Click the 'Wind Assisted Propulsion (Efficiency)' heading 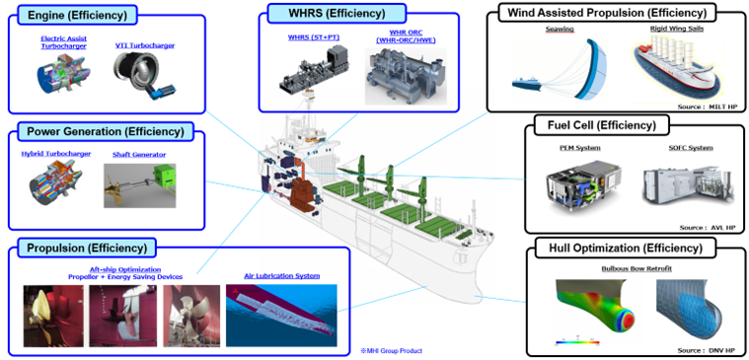(604, 13)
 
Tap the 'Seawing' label (559, 30)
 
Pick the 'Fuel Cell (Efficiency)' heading (601, 125)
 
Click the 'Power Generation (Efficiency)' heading (106, 131)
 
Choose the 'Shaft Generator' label (142, 154)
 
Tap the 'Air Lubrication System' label (282, 275)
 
